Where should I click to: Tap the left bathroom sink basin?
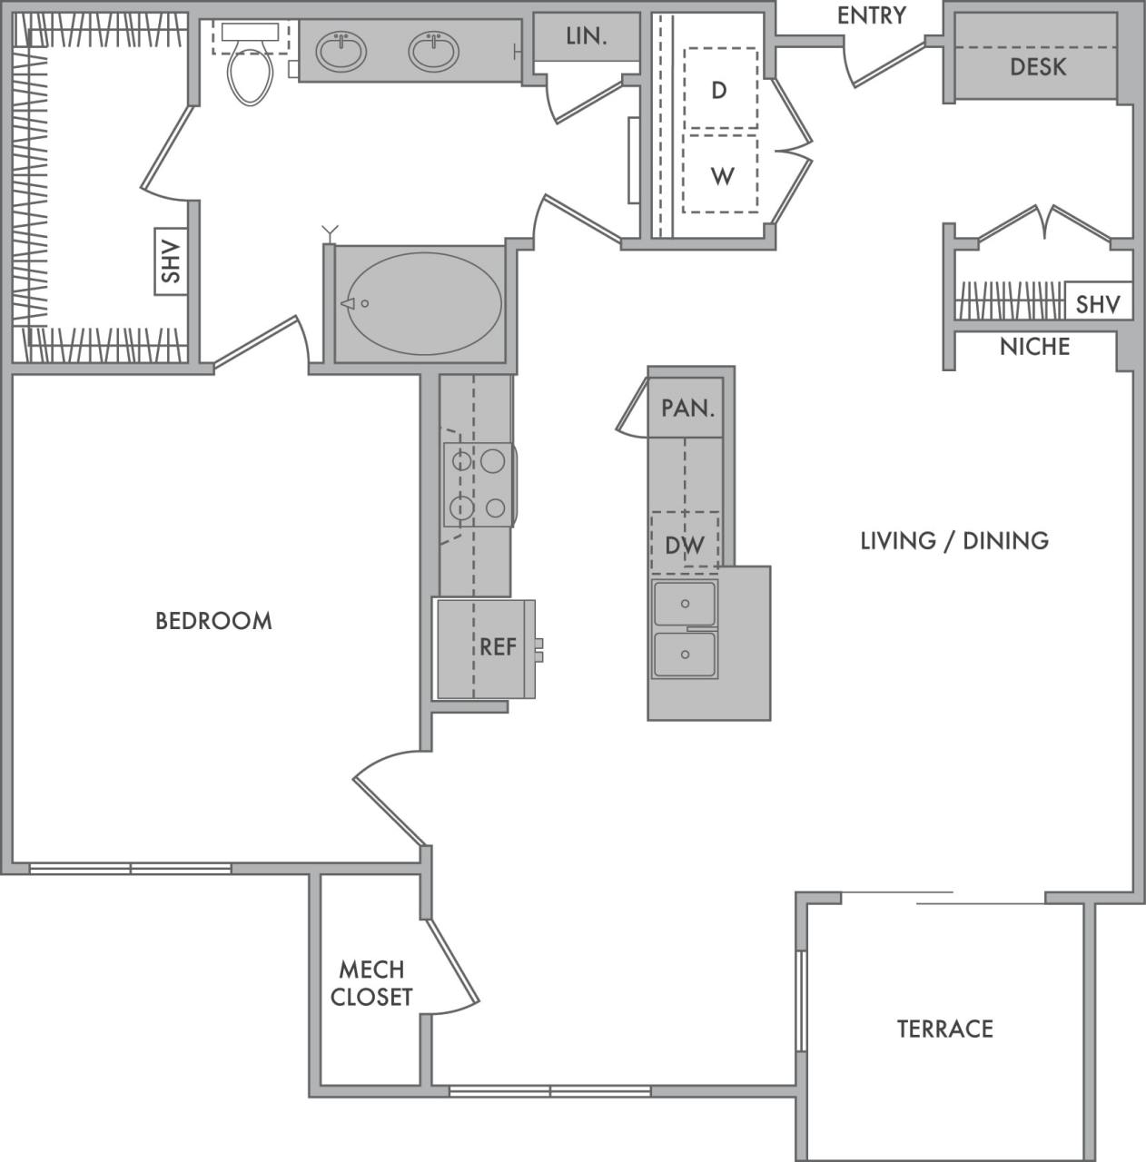[341, 52]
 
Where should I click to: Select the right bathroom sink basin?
[433, 52]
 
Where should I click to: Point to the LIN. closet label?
[586, 36]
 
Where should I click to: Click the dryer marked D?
[719, 89]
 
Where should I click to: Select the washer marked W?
[721, 175]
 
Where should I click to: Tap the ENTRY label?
[871, 15]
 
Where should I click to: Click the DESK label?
[1037, 66]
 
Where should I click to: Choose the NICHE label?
[1034, 347]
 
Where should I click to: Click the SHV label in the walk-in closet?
[171, 261]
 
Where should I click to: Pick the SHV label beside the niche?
[1097, 303]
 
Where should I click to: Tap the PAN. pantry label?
[687, 409]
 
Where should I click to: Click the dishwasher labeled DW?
[685, 545]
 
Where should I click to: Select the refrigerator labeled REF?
[497, 646]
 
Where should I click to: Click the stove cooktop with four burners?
[479, 485]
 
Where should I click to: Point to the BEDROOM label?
[213, 621]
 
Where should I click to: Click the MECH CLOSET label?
[371, 983]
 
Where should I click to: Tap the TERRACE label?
[944, 1029]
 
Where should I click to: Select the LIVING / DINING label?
[953, 541]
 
